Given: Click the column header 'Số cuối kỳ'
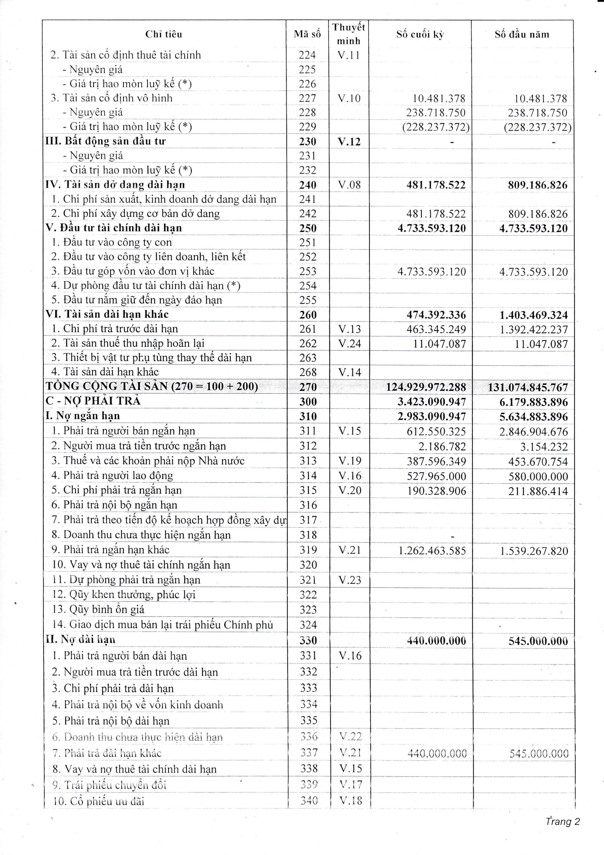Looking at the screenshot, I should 420,35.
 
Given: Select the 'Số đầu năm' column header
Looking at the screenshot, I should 522,35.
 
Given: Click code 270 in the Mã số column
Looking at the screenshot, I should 308,387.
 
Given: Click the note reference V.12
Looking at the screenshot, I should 349,142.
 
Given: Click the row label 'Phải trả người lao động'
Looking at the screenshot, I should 118,476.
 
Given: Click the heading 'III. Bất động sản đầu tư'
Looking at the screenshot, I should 106,141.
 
